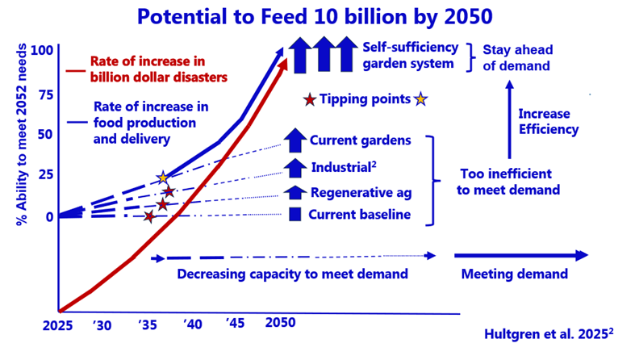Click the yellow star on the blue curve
pos(163,178)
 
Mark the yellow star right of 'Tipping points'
pos(420,100)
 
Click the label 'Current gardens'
pos(360,140)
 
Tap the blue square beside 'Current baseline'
pos(294,215)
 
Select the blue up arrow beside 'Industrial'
pos(294,167)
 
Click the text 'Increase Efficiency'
pos(549,121)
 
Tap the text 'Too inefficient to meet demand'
pos(506,182)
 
